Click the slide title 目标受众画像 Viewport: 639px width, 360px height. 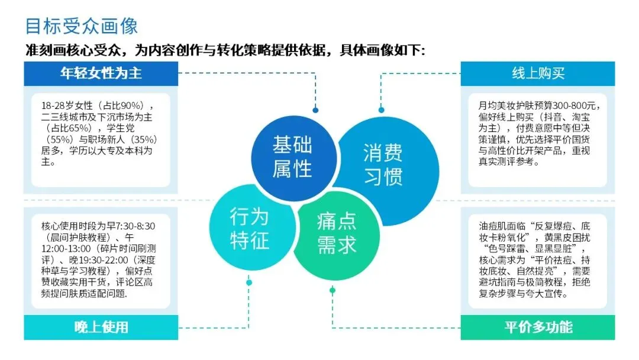(82, 26)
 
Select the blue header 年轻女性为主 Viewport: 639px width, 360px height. (101, 73)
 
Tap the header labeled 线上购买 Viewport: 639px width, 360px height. (538, 73)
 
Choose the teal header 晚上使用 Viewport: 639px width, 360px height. (101, 327)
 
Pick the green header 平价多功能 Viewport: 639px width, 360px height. (538, 327)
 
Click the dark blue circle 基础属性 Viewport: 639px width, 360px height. (292, 157)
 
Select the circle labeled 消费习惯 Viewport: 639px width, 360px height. (383, 164)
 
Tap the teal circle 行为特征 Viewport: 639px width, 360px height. (249, 228)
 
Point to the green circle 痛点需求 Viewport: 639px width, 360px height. (336, 233)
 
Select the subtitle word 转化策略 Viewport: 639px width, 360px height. (259, 50)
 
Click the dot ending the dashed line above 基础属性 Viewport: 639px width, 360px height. (315, 110)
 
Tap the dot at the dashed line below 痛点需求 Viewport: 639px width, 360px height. (333, 290)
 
